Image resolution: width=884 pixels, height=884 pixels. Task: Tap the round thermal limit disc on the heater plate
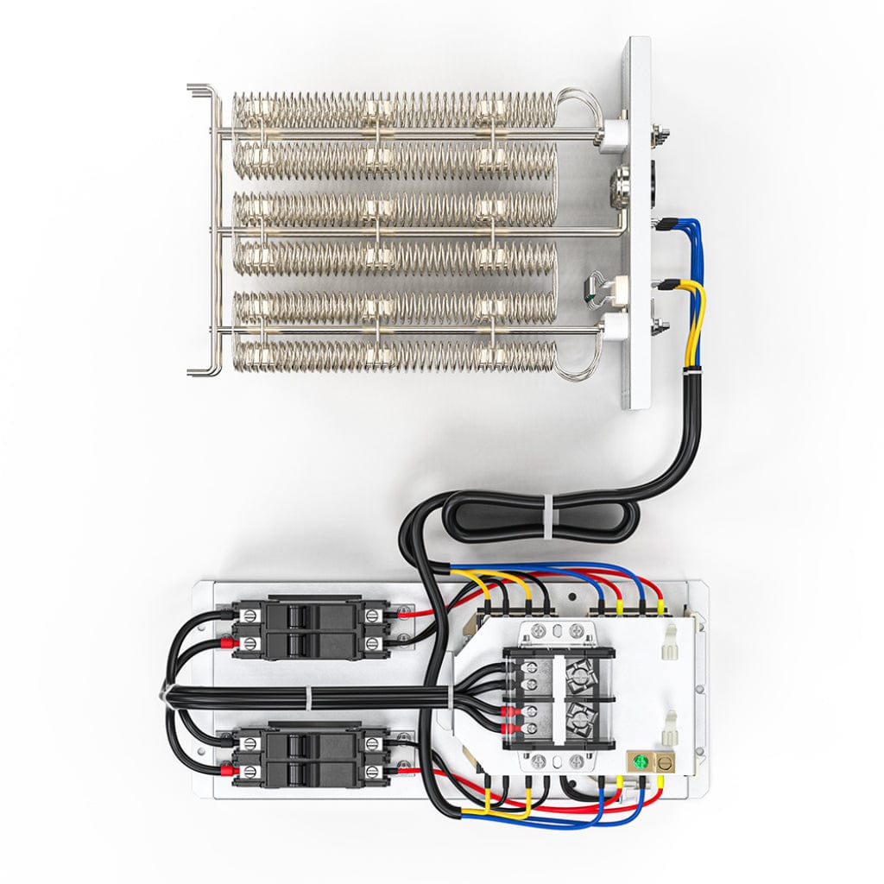click(624, 182)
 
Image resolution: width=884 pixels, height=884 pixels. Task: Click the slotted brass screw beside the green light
click(666, 763)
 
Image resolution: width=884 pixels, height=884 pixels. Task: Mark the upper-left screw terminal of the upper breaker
click(250, 616)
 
